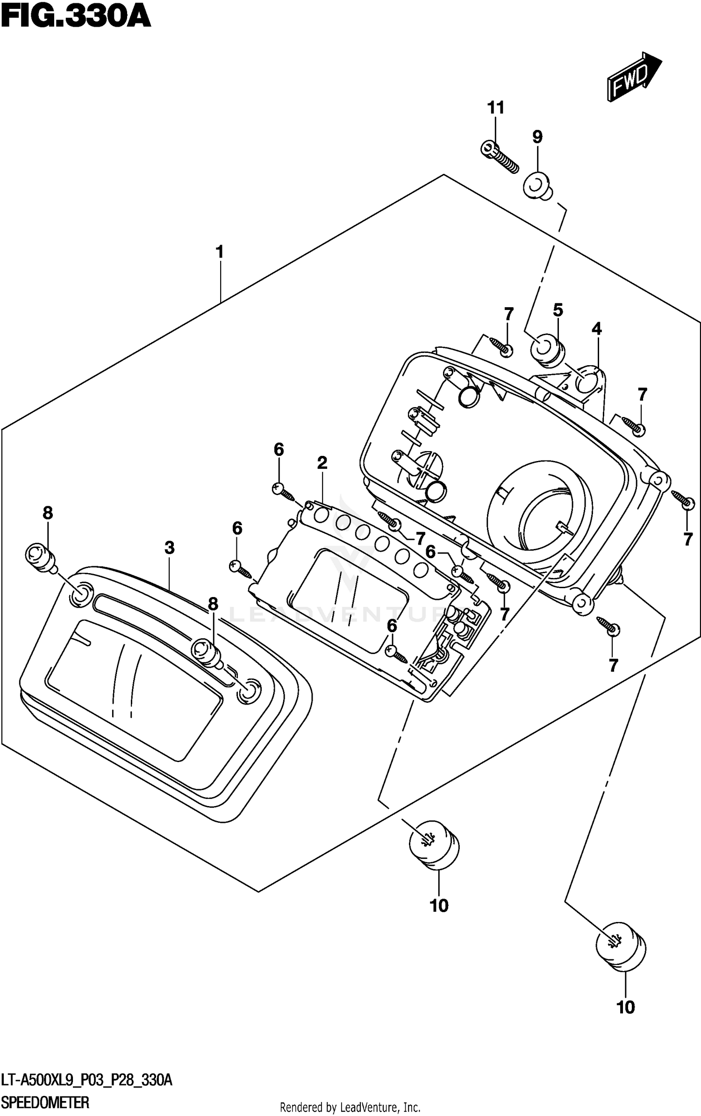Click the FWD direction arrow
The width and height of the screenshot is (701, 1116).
[634, 77]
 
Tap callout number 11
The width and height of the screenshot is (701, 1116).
[496, 108]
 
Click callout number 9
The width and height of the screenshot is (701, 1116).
[537, 137]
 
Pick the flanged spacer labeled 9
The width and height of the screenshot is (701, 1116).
[537, 186]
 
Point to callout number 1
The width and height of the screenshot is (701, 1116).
[219, 252]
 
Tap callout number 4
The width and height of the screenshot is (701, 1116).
[596, 329]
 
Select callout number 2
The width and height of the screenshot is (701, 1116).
[322, 463]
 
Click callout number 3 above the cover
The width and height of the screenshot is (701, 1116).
[169, 547]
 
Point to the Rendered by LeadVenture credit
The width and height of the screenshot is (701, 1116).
[350, 1107]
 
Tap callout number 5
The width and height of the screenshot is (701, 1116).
[558, 310]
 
